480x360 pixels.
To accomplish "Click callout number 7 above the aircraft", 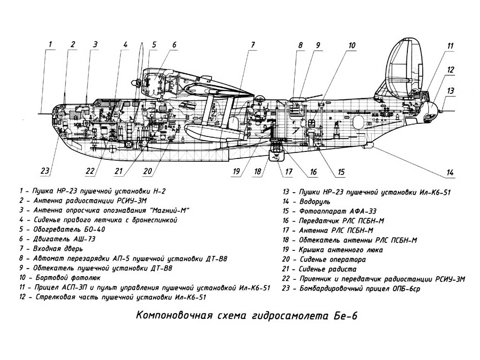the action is pos(253,45).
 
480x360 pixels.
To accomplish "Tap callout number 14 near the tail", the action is pos(450,172).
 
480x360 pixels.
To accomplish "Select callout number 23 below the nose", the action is pos(45,171).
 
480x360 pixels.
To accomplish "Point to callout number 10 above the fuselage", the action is pos(352,45).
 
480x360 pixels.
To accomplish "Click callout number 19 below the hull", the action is pos(236,171).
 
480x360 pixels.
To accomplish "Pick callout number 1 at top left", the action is pos(50,45).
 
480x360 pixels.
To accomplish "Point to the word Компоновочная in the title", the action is pos(174,315).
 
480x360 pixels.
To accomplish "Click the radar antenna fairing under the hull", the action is pos(277,155).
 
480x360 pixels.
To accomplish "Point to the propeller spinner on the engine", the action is pos(135,82).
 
